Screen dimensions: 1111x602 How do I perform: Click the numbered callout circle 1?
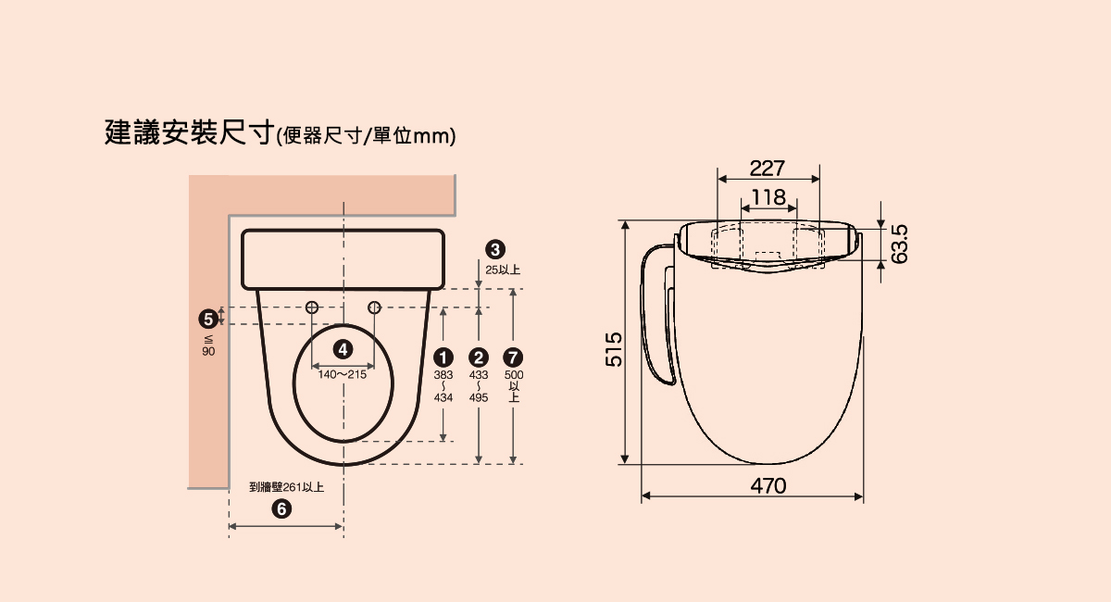coord(443,357)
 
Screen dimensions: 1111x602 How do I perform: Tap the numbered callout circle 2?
coord(478,357)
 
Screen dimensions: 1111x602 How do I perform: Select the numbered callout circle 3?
coord(495,249)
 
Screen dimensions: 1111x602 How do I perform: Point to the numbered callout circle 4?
coord(343,349)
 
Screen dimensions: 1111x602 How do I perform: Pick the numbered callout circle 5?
coord(208,320)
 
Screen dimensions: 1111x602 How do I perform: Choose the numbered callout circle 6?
coord(281,508)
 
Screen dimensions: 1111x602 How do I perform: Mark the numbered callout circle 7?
coord(513,357)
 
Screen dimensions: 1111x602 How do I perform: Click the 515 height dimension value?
coord(614,349)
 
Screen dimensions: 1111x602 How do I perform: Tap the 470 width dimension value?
coord(768,486)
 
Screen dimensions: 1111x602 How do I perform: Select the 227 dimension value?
coord(767,169)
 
